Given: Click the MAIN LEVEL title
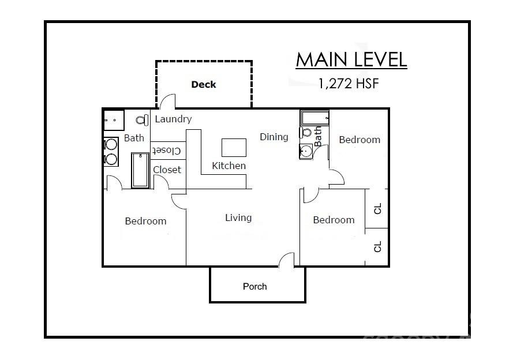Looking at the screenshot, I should tap(351, 59).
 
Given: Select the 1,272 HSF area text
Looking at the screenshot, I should tap(348, 83).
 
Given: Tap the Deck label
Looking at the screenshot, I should tap(203, 85).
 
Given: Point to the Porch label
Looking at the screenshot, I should tap(254, 286).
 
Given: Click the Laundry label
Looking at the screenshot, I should tap(173, 119).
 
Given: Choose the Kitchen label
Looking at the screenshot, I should tap(229, 166).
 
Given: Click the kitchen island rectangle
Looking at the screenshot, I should tap(234, 147).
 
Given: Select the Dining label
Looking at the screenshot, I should tap(274, 137).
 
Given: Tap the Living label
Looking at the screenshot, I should tap(238, 217).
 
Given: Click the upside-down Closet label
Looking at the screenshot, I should tap(167, 151).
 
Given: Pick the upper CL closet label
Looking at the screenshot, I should tap(378, 208).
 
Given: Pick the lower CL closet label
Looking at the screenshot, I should tap(378, 247).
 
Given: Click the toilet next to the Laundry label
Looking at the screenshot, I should tap(141, 120).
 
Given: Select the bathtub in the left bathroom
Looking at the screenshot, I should tap(140, 170).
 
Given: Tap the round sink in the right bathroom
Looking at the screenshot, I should tap(306, 152).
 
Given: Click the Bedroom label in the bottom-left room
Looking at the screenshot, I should tap(145, 221).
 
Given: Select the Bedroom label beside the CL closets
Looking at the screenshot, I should tap(334, 220).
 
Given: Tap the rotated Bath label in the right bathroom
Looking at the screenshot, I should tap(318, 137).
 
